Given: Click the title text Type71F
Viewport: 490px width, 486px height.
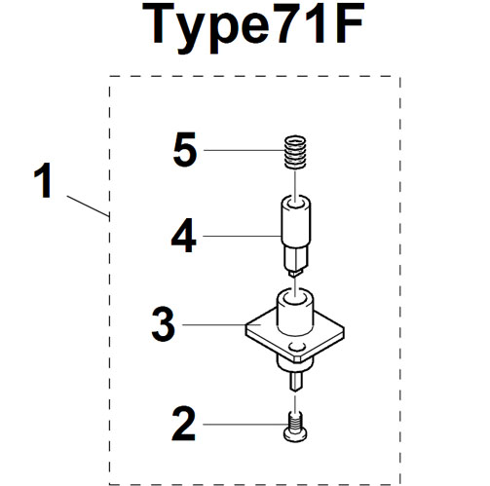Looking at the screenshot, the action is coord(253,27).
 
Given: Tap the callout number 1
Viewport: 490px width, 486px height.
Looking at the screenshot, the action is coord(43,180).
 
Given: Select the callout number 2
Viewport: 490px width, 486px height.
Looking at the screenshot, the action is coord(184,424).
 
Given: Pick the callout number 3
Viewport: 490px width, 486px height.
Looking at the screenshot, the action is coord(164,324).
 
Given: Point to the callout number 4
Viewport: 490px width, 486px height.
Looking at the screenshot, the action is coord(184,236).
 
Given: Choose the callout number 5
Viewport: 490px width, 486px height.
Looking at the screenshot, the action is coord(185,150).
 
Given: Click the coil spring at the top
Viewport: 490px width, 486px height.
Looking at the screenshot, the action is coord(295,152).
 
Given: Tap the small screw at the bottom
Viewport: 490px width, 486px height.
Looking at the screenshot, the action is coord(295,427).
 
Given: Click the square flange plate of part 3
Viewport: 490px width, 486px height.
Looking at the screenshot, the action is coord(295,336).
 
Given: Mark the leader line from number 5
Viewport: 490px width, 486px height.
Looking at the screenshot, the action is coord(244,150).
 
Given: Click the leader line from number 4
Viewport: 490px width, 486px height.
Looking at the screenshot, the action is coord(242,236).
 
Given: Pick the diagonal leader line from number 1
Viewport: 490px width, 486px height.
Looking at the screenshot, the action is coord(88,206).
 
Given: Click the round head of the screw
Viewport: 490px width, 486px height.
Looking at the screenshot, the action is coord(295,434).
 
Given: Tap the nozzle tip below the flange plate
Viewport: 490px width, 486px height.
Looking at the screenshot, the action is coord(296,382).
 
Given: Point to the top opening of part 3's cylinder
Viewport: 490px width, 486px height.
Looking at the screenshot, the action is coord(295,295).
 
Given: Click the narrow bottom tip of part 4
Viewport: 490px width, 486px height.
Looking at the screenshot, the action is coord(294,273).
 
